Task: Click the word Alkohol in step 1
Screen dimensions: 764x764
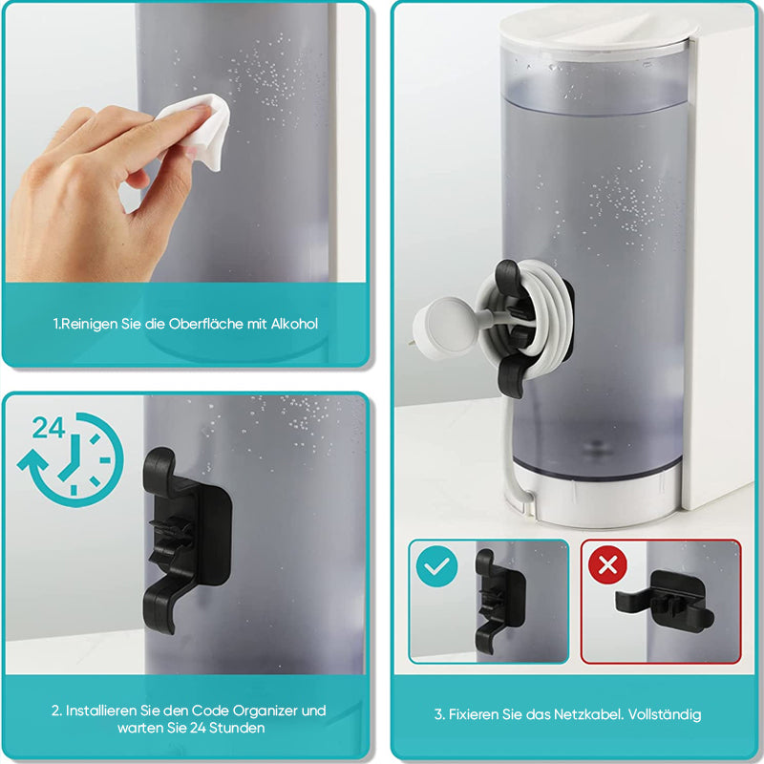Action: pyautogui.click(x=294, y=324)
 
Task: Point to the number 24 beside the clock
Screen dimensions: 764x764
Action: pyautogui.click(x=49, y=428)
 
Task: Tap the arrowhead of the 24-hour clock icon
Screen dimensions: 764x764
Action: pyautogui.click(x=32, y=460)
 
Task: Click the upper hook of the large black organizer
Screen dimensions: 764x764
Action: pyautogui.click(x=159, y=469)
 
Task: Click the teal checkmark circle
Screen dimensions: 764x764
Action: pyautogui.click(x=437, y=566)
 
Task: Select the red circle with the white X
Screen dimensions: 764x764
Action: pyautogui.click(x=607, y=565)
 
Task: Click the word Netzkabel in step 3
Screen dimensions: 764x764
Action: pyautogui.click(x=588, y=714)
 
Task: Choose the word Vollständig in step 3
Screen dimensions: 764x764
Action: pyautogui.click(x=665, y=715)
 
